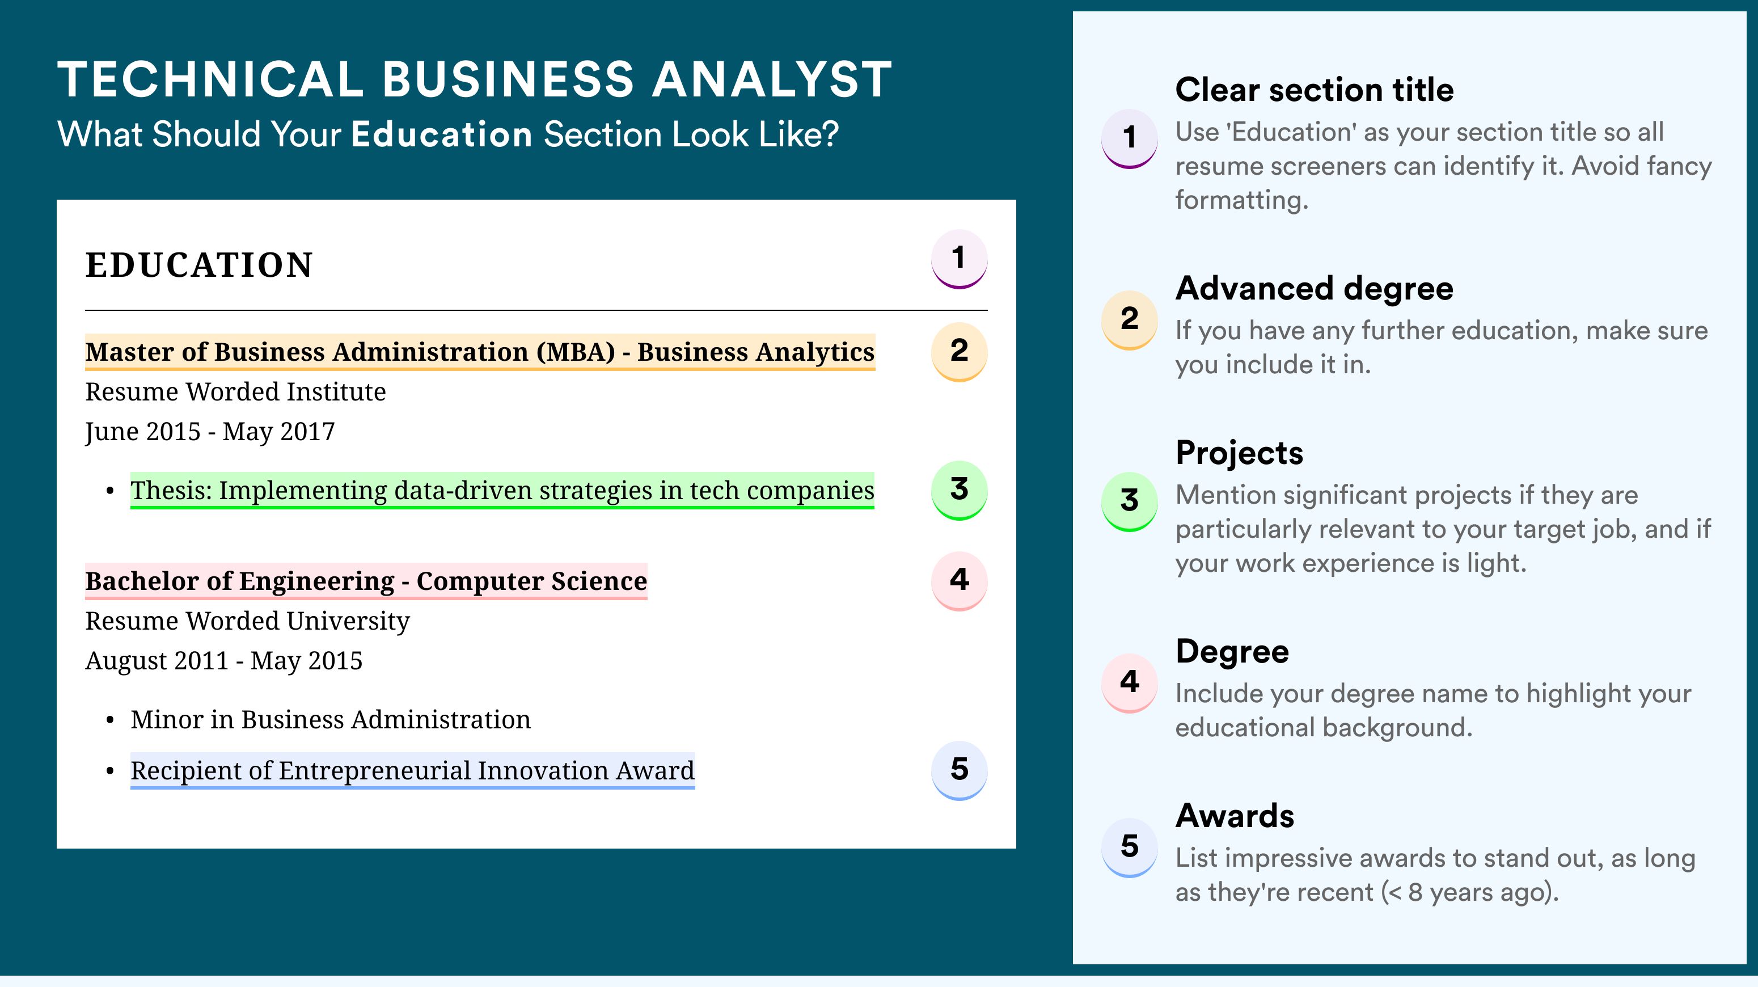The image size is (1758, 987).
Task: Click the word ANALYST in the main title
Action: pos(772,79)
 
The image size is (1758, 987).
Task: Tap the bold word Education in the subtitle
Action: pos(442,134)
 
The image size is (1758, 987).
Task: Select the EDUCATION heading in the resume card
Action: pos(198,265)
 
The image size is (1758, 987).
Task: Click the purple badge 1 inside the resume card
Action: pos(959,259)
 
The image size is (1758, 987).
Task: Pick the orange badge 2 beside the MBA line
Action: pos(959,352)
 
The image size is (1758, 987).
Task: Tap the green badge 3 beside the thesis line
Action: pos(959,491)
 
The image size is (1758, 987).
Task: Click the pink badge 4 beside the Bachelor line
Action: pos(959,581)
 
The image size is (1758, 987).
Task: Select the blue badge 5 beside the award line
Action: pos(959,771)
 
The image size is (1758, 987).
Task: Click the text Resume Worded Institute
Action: pos(235,392)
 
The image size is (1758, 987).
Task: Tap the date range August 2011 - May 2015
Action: pos(224,661)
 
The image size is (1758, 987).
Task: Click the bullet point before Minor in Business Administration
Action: pos(110,721)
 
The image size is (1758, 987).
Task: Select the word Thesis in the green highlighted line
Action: pos(171,490)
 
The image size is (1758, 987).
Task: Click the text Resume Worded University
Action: pos(247,621)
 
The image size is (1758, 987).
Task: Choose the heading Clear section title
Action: pos(1315,90)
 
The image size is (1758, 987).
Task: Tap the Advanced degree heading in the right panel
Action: pos(1315,289)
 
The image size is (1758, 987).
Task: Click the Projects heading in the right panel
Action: pos(1239,453)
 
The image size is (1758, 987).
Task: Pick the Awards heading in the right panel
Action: pos(1235,816)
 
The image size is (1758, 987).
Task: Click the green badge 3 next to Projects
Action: pos(1130,501)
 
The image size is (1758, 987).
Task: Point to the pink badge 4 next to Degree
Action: pos(1130,682)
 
